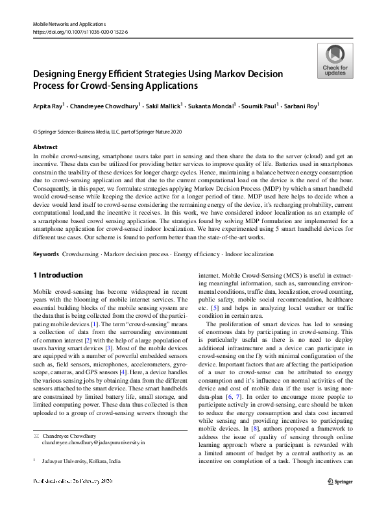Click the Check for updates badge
coord(335,61)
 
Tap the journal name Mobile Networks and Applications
coord(71,23)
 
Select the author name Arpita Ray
coord(48,106)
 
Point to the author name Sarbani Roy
coord(302,106)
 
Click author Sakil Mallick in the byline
coord(162,106)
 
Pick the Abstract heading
coord(45,147)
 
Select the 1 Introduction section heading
coord(58,275)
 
